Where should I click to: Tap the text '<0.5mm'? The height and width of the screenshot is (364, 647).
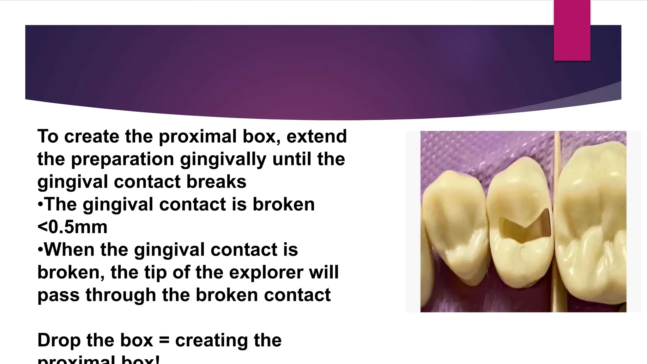pos(72,227)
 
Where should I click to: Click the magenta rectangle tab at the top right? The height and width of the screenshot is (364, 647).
pos(572,30)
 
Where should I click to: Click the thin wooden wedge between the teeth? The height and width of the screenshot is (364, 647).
pos(557,221)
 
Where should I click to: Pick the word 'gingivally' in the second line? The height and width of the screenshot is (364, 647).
pos(223,159)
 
